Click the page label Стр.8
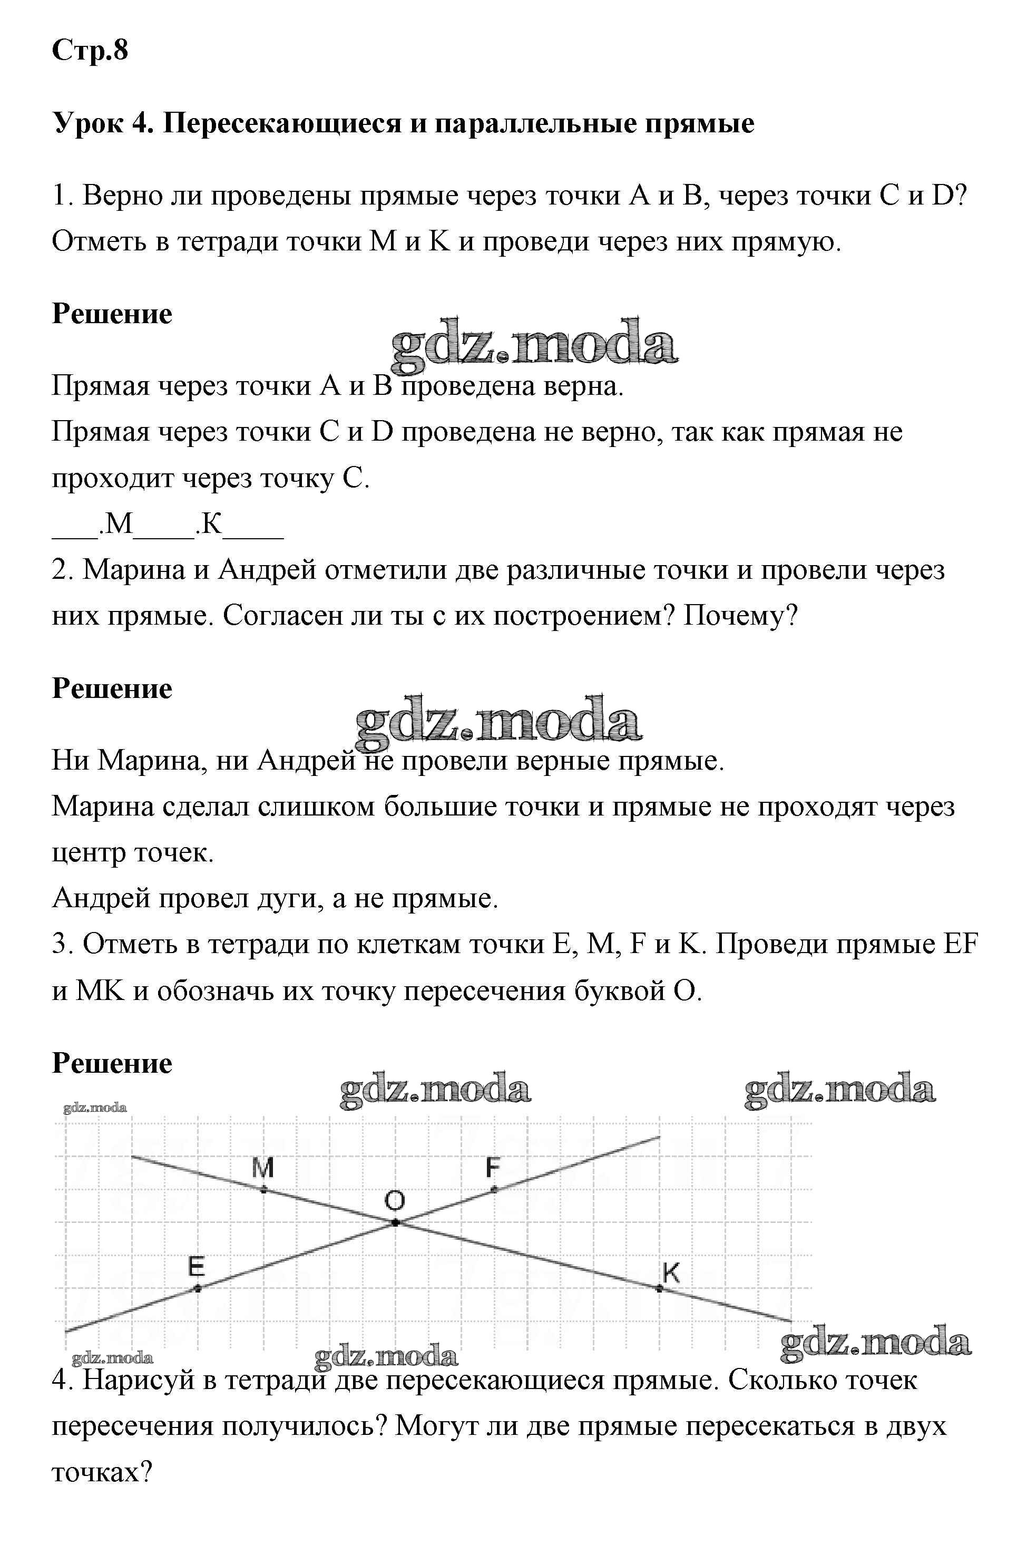point(90,51)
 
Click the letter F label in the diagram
point(493,1167)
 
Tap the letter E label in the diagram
point(197,1266)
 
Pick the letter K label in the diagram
point(671,1273)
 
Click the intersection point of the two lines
point(395,1222)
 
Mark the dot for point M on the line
point(263,1189)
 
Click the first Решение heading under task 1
point(112,314)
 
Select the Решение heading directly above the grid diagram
point(112,1063)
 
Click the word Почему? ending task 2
point(741,616)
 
